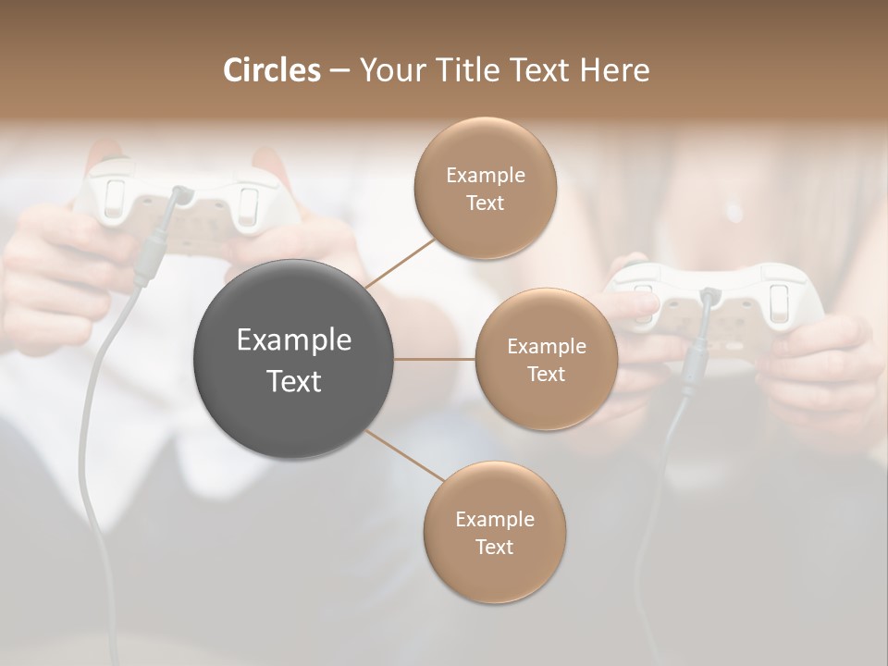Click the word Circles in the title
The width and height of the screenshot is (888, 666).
pyautogui.click(x=272, y=70)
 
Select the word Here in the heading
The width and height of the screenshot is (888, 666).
pyautogui.click(x=614, y=70)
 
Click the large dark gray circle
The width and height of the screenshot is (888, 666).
pyautogui.click(x=293, y=359)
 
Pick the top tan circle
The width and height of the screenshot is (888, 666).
pyautogui.click(x=486, y=188)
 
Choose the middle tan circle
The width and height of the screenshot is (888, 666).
pyautogui.click(x=546, y=359)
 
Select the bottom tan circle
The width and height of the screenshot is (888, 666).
pyautogui.click(x=494, y=532)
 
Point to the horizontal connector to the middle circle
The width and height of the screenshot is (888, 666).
pyautogui.click(x=435, y=359)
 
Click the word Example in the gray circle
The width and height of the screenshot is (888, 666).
pyautogui.click(x=294, y=340)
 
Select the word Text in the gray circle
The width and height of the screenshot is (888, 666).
pyautogui.click(x=294, y=381)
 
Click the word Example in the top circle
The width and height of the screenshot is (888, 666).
pyautogui.click(x=486, y=176)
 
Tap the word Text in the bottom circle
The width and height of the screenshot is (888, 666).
pyautogui.click(x=494, y=547)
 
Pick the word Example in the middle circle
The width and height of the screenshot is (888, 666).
pyautogui.click(x=547, y=347)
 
